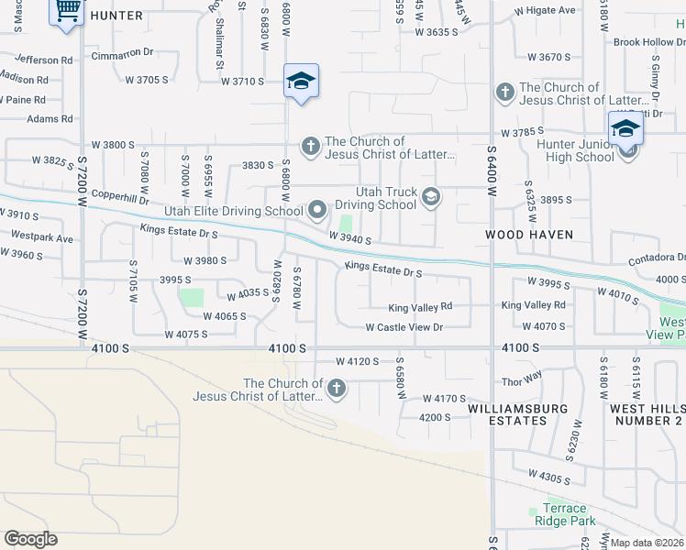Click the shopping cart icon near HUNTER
[x=66, y=12]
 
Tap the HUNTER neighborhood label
[x=116, y=16]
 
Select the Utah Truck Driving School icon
[x=430, y=196]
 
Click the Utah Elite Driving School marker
[x=317, y=212]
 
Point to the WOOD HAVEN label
[x=529, y=235]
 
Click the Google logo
[x=30, y=539]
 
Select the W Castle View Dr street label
[x=404, y=327]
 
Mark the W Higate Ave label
[x=545, y=11]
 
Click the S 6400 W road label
[x=492, y=175]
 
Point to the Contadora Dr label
[x=657, y=259]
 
